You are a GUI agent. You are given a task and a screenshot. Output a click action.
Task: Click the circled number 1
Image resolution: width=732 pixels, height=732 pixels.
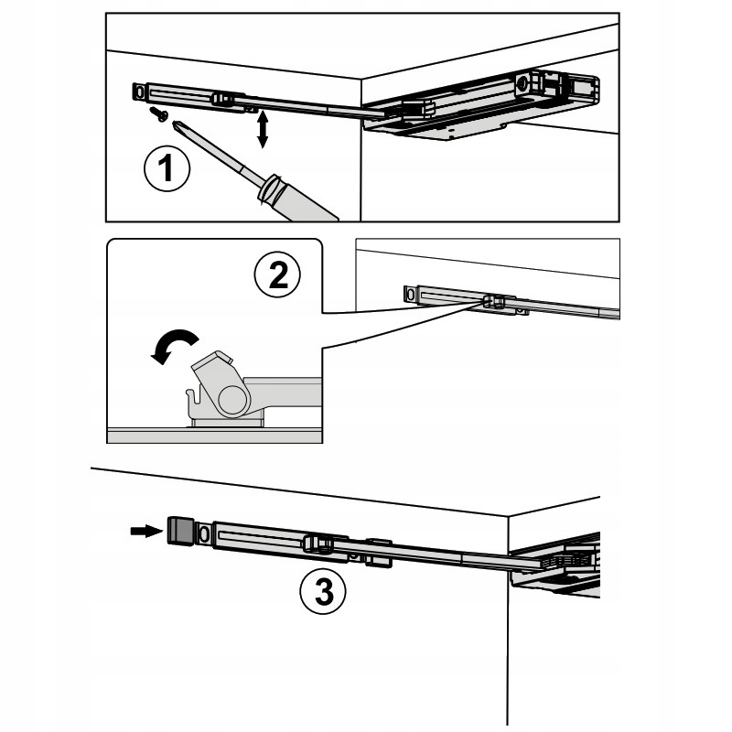(167, 168)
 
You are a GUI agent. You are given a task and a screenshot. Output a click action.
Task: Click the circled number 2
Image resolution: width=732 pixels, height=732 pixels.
(277, 274)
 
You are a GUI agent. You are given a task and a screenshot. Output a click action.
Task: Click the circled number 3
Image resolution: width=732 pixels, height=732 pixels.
(323, 592)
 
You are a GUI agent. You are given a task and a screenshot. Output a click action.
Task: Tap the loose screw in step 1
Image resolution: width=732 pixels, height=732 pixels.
(158, 113)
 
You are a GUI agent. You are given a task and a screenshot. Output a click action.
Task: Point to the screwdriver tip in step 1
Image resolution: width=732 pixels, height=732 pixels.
(175, 123)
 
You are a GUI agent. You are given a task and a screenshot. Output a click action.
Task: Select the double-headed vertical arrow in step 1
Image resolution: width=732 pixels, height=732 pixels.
(263, 129)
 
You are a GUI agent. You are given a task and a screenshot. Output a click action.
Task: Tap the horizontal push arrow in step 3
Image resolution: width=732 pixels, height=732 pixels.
(146, 531)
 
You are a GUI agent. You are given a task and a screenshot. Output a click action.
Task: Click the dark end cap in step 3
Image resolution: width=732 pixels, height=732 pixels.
(180, 531)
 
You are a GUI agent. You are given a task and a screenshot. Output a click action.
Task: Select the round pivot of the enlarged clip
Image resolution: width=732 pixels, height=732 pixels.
(231, 401)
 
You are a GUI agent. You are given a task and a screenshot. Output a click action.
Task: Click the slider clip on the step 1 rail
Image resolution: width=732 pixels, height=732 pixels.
(223, 100)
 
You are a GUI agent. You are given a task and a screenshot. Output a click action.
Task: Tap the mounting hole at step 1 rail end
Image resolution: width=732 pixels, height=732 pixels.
(139, 91)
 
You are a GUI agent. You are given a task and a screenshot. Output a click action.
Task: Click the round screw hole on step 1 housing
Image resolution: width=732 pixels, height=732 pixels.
(522, 83)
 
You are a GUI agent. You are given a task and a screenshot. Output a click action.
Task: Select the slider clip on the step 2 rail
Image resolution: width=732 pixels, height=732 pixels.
(495, 302)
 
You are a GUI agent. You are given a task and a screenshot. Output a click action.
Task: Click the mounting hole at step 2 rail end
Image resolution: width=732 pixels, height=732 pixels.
(410, 295)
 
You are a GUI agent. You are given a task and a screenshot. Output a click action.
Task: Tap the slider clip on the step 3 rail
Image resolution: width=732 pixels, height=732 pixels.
(318, 544)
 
